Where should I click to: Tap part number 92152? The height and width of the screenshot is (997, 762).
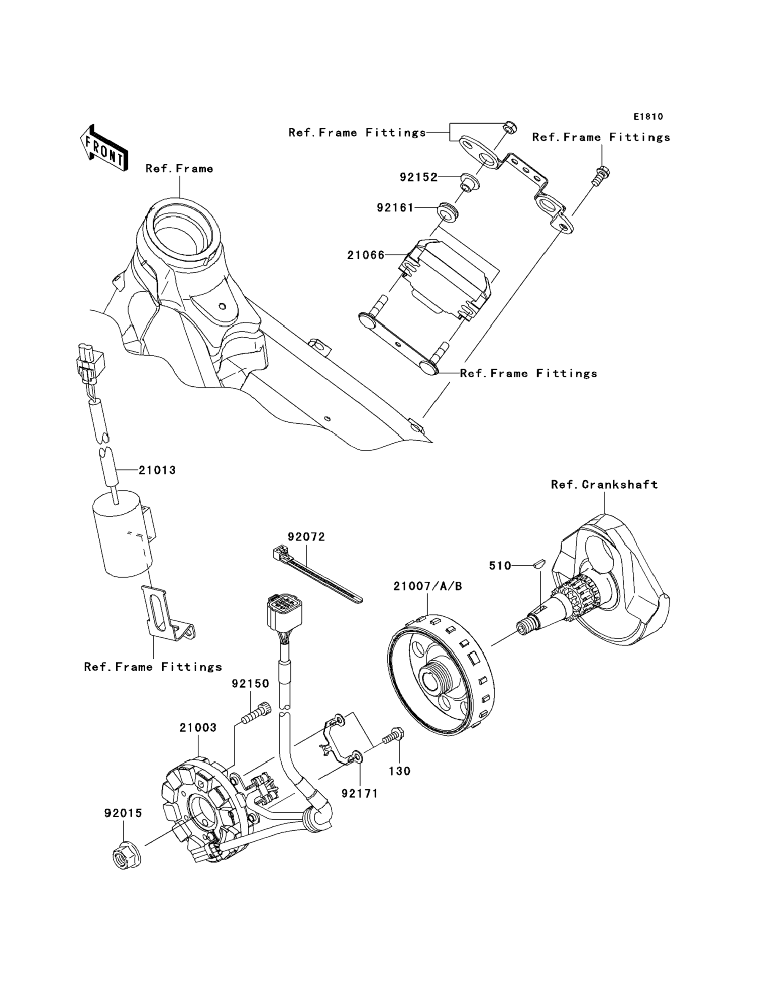[419, 177]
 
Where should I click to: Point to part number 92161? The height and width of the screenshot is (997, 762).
[395, 208]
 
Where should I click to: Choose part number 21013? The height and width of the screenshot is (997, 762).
[158, 470]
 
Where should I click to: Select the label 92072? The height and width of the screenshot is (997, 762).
[307, 536]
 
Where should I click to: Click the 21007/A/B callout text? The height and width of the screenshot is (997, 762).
[428, 586]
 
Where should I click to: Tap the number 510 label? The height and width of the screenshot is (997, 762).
[500, 566]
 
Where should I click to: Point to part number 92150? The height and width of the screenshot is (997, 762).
[251, 683]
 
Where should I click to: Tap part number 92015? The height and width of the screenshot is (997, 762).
[123, 813]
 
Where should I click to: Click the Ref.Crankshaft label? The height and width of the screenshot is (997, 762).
[604, 485]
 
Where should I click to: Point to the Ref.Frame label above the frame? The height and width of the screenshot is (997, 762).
[179, 168]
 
